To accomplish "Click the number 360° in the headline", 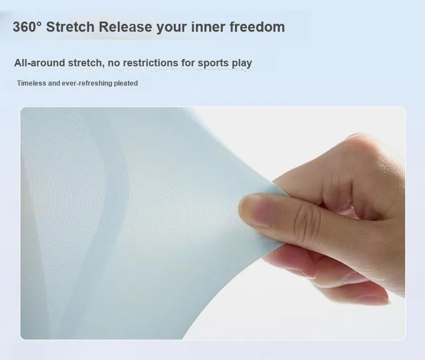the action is pos(27,27).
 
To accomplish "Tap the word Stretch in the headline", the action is pos(70,27).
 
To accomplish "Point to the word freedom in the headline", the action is pos(257,27).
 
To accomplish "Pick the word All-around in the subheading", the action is pos(40,62).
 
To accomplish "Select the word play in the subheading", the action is pos(242,63).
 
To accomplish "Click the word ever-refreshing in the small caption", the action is pos(87,83).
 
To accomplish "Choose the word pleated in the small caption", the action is pos(126,83).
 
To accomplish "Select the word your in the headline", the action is pos(172,27).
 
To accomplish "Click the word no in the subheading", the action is pos(114,63).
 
